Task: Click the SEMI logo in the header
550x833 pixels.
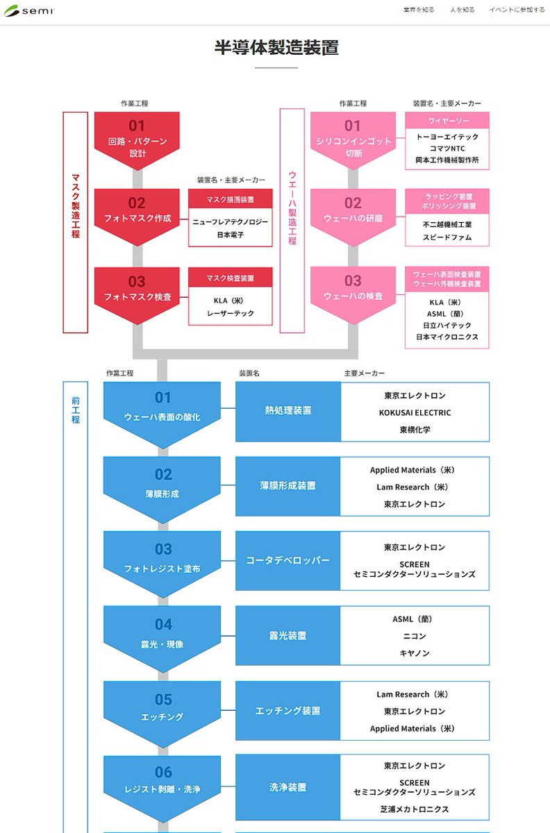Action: [29, 11]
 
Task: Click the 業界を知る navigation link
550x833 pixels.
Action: [419, 10]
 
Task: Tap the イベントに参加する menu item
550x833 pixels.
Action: [517, 10]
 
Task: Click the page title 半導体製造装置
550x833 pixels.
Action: [276, 48]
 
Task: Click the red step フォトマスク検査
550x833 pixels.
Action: [137, 289]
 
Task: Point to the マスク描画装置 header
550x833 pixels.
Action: [230, 199]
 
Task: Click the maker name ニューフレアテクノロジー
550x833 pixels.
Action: [230, 221]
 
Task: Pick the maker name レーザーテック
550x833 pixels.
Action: [230, 313]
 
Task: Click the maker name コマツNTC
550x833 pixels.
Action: [447, 149]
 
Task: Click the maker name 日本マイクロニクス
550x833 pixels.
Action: [447, 337]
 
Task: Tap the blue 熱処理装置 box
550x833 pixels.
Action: [287, 411]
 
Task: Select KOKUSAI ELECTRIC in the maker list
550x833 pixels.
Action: [415, 412]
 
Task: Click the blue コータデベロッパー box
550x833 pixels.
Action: [287, 560]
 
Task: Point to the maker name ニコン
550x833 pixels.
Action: [415, 636]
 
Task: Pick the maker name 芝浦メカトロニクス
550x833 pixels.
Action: [415, 809]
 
